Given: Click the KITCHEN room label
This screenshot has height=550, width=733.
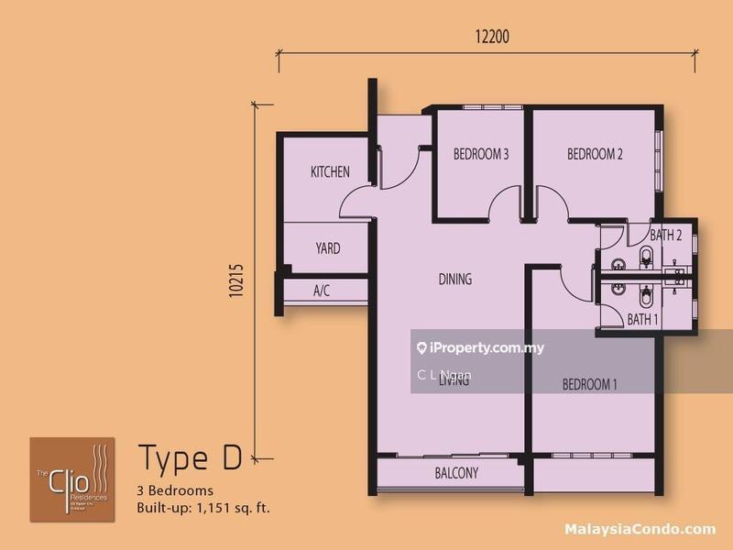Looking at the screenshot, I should click(x=330, y=171).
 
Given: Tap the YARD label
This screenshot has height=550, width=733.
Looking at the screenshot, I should click(x=328, y=248).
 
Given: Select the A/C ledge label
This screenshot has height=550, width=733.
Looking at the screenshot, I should click(x=322, y=291).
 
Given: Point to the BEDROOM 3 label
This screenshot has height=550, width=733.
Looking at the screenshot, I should click(x=481, y=154).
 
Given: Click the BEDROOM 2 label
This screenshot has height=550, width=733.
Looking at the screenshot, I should click(x=595, y=154).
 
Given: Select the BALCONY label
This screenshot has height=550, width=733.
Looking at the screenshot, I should click(x=456, y=473).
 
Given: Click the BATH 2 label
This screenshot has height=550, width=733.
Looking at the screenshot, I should click(x=666, y=235).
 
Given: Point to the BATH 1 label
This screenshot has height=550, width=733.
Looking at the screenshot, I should click(x=643, y=319).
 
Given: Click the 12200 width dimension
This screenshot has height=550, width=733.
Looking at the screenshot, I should click(x=492, y=38).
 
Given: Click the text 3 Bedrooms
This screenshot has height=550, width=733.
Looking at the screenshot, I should click(x=175, y=489).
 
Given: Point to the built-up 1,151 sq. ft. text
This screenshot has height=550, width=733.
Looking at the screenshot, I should click(x=202, y=507).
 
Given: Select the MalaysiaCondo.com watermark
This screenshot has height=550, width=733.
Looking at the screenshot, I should click(x=642, y=529).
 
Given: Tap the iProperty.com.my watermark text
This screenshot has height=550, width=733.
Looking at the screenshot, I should click(x=486, y=347).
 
